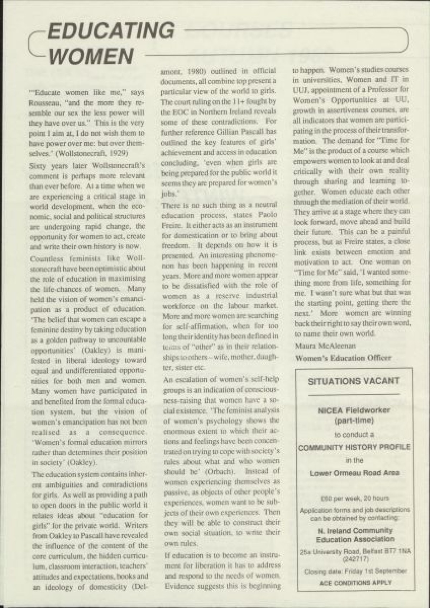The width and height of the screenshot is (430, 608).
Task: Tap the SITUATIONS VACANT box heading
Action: click(354, 381)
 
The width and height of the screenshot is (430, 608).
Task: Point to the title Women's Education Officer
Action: click(343, 357)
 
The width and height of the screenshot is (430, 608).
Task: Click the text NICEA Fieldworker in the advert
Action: click(353, 410)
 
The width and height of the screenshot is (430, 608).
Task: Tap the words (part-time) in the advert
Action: click(354, 420)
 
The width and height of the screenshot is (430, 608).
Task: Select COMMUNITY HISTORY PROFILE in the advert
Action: click(354, 447)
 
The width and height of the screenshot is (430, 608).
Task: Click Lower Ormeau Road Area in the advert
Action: click(354, 473)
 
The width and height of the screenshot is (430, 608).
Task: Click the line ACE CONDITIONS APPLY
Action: click(354, 583)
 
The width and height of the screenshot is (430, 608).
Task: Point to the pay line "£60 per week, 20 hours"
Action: click(354, 498)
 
